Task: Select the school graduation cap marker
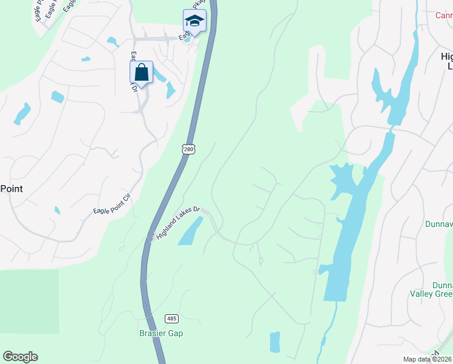pyautogui.click(x=194, y=21)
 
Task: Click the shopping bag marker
pyautogui.click(x=141, y=73)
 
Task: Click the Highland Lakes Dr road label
pyautogui.click(x=178, y=223)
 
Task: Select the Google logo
pyautogui.click(x=20, y=357)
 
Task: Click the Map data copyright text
pyautogui.click(x=428, y=359)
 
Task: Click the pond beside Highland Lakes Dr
pyautogui.click(x=191, y=231)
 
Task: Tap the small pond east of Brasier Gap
pyautogui.click(x=275, y=342)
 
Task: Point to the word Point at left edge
pyautogui.click(x=11, y=189)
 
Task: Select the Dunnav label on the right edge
pyautogui.click(x=440, y=224)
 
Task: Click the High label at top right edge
pyautogui.click(x=446, y=56)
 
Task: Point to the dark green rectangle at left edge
pyautogui.click(x=29, y=301)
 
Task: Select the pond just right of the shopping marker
pyautogui.click(x=161, y=75)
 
